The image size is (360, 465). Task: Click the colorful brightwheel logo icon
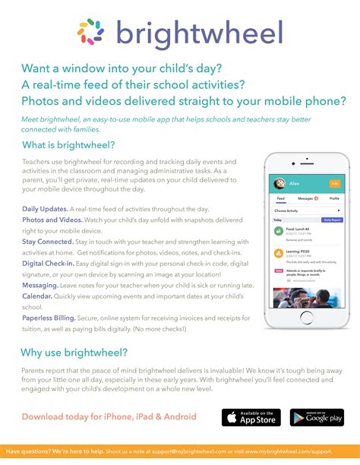point(91,31)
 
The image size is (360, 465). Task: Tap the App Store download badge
point(251,417)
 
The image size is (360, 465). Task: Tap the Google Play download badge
point(314,417)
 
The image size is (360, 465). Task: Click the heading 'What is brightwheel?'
point(68,144)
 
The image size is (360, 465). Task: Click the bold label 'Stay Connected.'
point(47,241)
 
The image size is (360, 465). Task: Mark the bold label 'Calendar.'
point(37,298)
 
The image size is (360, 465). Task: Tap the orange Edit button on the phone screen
point(334,183)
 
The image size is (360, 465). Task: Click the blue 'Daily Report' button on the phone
point(332,219)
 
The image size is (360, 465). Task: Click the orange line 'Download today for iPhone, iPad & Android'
point(109,416)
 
